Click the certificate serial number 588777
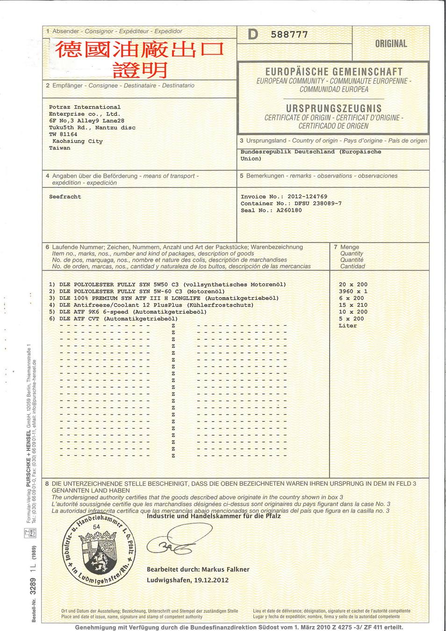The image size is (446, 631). click(289, 35)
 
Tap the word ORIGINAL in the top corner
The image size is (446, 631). click(391, 44)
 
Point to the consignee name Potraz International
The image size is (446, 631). click(85, 108)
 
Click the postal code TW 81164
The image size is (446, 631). click(63, 135)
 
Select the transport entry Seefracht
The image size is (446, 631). click(65, 197)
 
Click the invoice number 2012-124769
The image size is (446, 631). click(307, 197)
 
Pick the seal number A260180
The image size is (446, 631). click(289, 210)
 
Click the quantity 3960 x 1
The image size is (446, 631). click(353, 291)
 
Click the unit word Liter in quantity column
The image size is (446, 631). click(348, 326)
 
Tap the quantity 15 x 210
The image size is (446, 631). click(353, 305)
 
